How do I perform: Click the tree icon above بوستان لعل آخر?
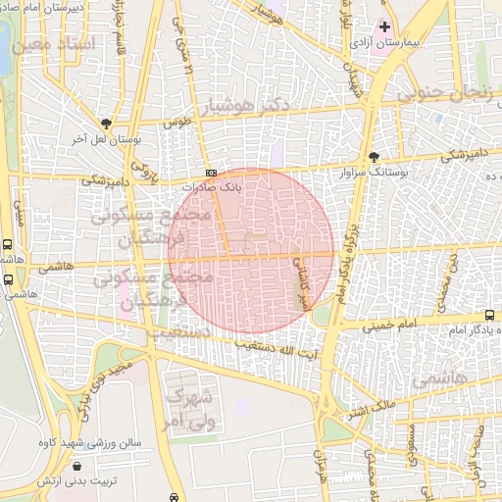tap(105, 125)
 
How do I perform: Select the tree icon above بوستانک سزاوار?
tap(374, 157)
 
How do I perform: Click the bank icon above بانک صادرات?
tap(211, 173)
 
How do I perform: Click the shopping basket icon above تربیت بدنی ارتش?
tap(75, 467)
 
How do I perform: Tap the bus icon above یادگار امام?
tap(489, 316)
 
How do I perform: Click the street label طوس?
tap(176, 123)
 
